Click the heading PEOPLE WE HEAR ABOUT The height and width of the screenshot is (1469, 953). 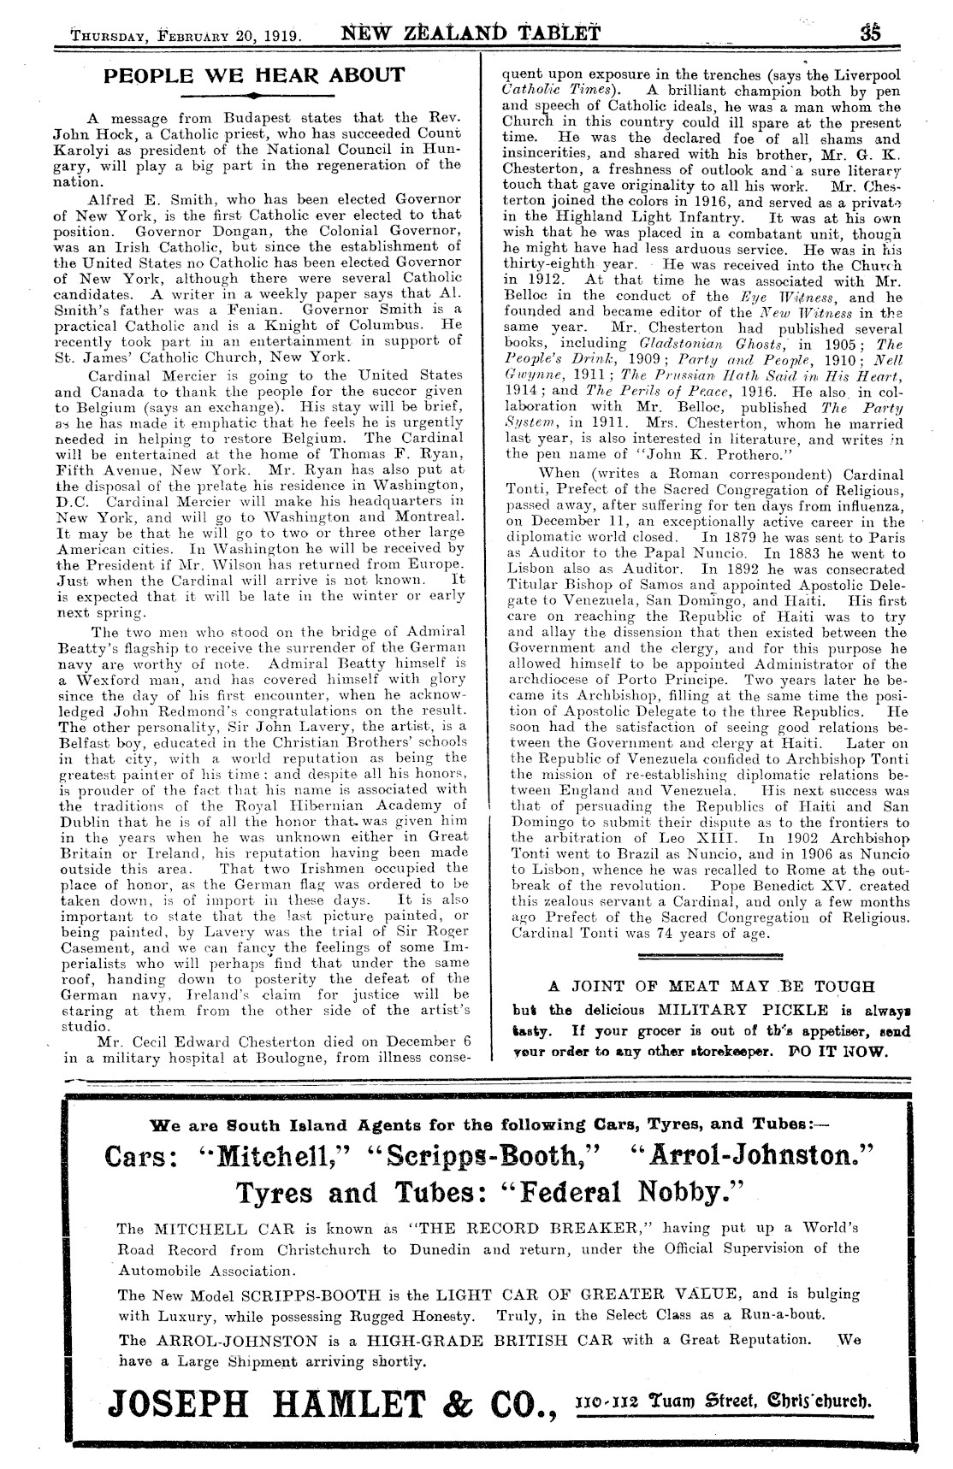click(x=253, y=74)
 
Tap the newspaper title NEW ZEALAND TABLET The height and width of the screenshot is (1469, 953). click(x=471, y=34)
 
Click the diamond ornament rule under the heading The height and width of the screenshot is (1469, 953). click(x=253, y=94)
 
